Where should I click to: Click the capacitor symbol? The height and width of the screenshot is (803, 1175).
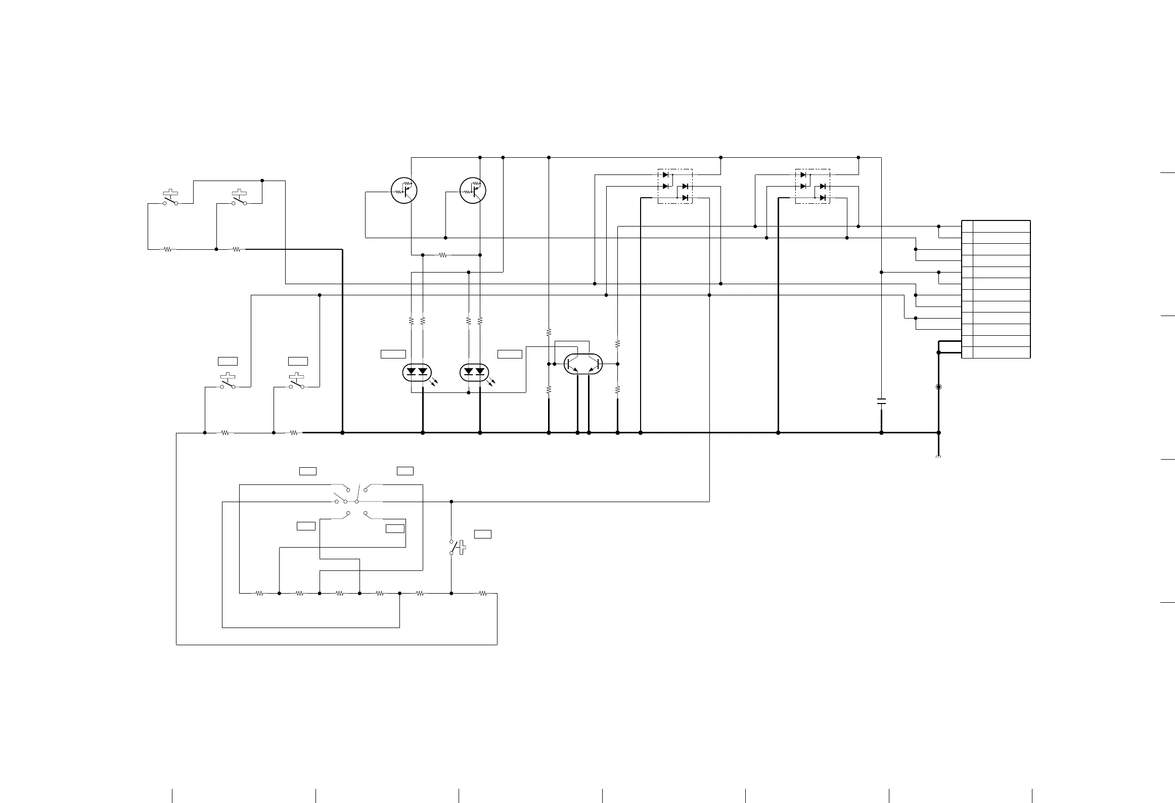point(881,401)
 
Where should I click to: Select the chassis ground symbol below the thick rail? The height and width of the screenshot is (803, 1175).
point(938,457)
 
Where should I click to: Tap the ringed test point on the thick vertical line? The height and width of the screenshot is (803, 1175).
point(939,387)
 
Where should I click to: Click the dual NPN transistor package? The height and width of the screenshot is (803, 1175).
point(583,364)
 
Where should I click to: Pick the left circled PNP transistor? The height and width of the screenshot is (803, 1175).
point(404,191)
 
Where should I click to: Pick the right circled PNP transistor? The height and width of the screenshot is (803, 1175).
point(473,191)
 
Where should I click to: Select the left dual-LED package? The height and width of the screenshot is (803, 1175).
point(417,373)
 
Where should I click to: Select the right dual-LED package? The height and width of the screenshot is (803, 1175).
point(474,373)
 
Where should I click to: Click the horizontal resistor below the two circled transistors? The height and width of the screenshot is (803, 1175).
point(443,255)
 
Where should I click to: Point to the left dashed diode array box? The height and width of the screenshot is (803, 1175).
point(675,186)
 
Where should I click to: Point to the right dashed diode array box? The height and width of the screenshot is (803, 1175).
point(812,186)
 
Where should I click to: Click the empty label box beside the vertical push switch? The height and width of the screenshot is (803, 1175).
point(483,534)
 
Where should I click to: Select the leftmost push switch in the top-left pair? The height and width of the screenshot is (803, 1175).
point(170,199)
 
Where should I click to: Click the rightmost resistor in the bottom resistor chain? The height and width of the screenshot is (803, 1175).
point(483,594)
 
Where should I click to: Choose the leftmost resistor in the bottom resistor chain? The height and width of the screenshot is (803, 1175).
point(259,594)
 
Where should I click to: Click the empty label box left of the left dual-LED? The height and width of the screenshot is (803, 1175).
point(393,354)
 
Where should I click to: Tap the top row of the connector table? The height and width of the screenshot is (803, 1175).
point(996,226)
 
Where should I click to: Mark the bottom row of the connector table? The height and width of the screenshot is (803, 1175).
point(996,352)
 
